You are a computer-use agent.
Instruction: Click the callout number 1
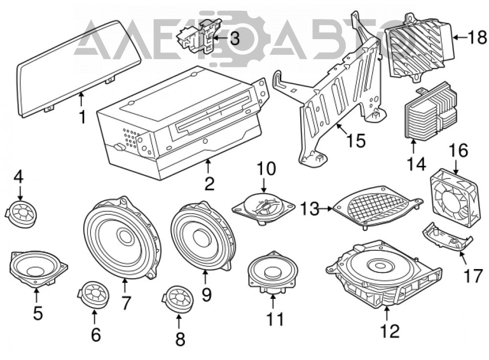(82, 117)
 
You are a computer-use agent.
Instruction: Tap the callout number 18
(477, 38)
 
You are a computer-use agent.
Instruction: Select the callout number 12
(390, 331)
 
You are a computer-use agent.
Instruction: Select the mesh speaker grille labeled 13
(378, 207)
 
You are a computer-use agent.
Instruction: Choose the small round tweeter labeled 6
(93, 294)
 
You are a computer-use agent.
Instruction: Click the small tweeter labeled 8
(178, 299)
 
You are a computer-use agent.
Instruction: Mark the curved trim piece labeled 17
(447, 236)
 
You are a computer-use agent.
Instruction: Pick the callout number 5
(38, 313)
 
